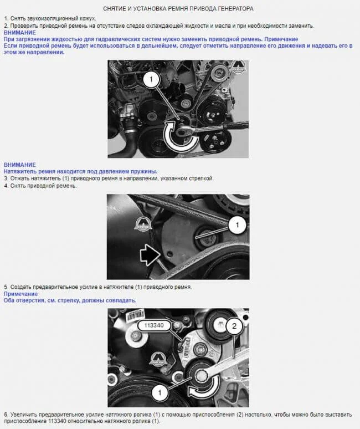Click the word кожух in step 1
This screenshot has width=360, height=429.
point(88,19)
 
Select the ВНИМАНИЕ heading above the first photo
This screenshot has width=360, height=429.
point(20,33)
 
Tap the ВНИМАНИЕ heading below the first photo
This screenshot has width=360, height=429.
point(20,165)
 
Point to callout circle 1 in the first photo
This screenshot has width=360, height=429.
point(151,79)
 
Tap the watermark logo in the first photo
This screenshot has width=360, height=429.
point(238,66)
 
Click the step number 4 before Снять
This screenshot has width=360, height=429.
point(6,186)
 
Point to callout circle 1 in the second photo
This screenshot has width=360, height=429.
point(237,225)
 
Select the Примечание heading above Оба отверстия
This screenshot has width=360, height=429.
point(20,294)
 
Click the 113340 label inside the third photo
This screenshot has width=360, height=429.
point(154,325)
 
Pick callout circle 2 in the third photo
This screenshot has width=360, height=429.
point(234,326)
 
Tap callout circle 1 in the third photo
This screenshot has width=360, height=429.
point(160,393)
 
